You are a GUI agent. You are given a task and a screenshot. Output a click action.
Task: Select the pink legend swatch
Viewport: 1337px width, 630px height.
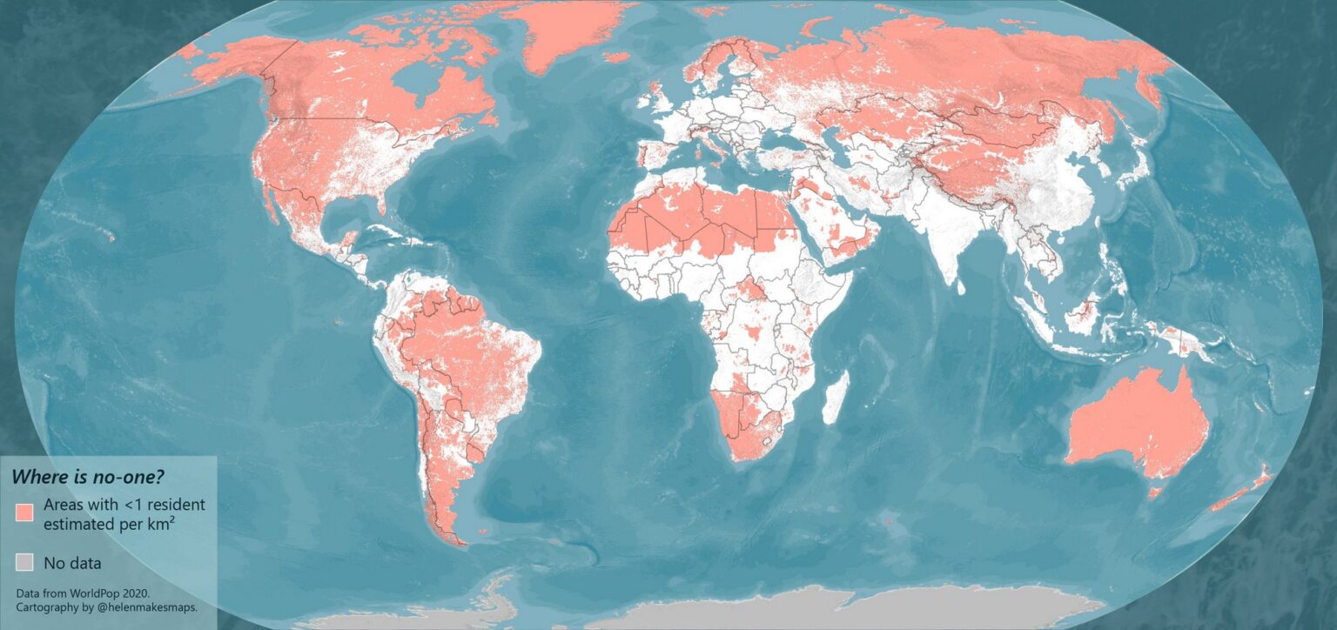click(24, 512)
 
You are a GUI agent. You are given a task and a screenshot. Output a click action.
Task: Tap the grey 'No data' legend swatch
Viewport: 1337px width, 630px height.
click(24, 561)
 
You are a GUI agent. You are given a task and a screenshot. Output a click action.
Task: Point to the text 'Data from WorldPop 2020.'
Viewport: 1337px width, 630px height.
click(83, 593)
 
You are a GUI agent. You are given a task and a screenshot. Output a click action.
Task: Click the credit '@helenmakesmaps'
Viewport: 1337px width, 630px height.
click(149, 607)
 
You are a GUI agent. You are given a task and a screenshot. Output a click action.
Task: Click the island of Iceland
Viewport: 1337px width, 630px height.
click(616, 57)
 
